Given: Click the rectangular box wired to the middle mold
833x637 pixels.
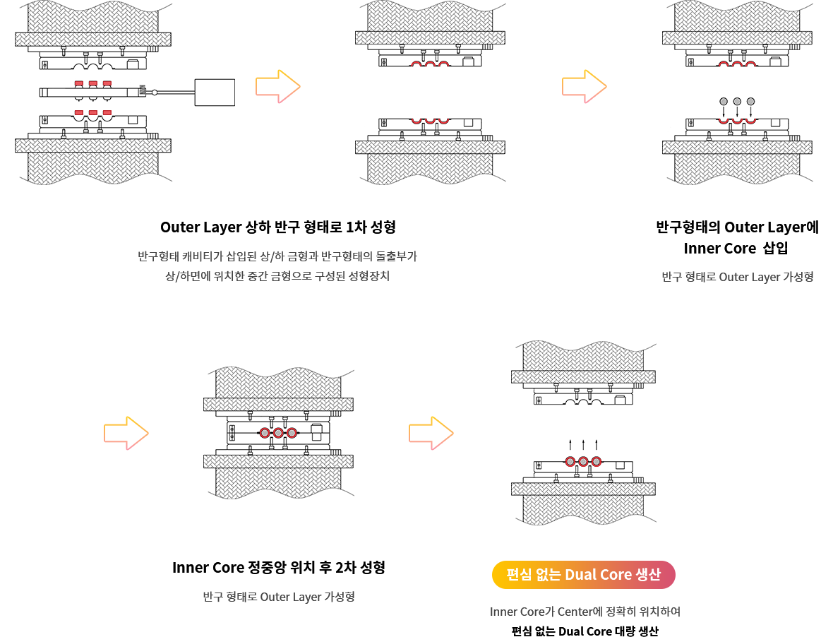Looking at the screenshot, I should [215, 92].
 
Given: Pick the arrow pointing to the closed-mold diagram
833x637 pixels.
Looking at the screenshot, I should [126, 432].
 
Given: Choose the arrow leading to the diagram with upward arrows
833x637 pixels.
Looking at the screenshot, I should [431, 432].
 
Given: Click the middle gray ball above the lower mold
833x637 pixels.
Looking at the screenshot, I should [737, 102].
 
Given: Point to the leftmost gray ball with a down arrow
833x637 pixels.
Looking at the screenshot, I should [724, 102].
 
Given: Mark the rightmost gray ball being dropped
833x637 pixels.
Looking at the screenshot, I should [750, 102].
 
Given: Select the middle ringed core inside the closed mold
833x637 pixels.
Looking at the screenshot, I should [278, 432].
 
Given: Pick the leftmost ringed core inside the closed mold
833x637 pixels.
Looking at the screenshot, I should [265, 432].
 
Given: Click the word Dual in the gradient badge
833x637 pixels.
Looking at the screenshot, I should [581, 575].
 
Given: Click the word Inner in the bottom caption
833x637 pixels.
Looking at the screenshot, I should [503, 612].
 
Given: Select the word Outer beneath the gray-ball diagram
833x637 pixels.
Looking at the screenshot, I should [733, 277].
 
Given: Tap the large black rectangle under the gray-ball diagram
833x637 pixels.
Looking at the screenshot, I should [737, 237].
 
